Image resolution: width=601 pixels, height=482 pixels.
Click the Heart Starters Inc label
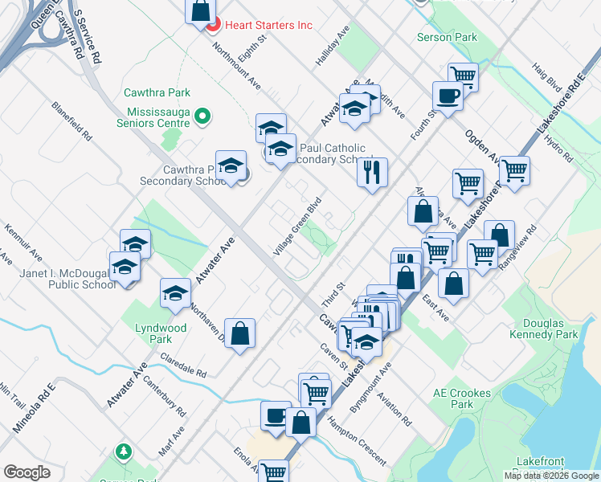[268, 25]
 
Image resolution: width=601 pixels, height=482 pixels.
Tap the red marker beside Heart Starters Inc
[214, 26]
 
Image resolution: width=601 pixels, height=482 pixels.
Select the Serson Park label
[448, 37]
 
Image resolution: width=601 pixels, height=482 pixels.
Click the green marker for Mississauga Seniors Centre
[202, 117]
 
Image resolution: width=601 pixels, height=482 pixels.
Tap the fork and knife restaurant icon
[372, 171]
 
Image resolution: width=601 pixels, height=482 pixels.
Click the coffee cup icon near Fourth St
[448, 96]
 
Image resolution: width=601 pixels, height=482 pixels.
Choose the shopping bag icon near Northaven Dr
[239, 333]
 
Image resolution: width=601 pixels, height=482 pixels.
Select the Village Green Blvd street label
[296, 227]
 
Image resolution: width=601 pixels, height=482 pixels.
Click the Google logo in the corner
[27, 472]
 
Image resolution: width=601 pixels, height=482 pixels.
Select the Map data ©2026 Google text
[550, 476]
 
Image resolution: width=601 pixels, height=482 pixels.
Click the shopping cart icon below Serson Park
[462, 76]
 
